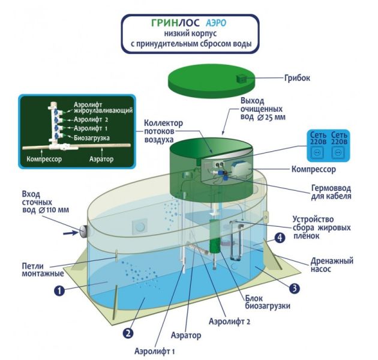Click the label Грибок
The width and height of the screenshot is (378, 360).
tap(295, 78)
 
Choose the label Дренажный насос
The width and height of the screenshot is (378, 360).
tap(332, 265)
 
